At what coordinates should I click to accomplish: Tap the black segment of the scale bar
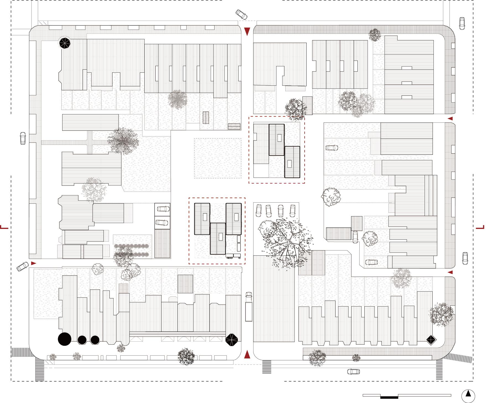tap(389, 397)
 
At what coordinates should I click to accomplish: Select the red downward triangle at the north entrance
tap(247, 32)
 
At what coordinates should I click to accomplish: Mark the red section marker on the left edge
tap(4, 227)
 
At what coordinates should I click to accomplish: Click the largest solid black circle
tap(64, 339)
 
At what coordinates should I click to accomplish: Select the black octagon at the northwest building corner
tap(65, 43)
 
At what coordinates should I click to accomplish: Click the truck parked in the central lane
tap(249, 307)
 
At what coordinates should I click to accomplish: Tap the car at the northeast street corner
tap(462, 23)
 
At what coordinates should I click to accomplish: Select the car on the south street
tap(354, 372)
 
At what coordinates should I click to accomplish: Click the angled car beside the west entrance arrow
tap(22, 266)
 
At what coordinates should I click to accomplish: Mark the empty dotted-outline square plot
tap(218, 158)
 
